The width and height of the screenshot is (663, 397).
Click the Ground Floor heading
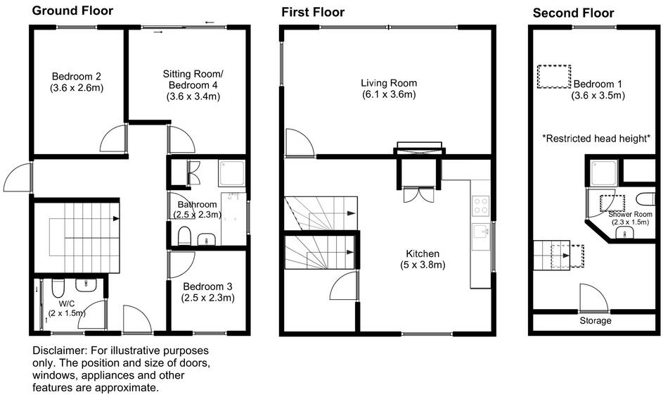point(72,11)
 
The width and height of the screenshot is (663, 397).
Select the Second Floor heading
point(573,13)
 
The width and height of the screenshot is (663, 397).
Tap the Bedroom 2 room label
point(77,77)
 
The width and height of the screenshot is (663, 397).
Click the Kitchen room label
point(423,253)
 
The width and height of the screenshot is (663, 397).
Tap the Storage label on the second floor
point(595,321)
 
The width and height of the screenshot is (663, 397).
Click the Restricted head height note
point(595,139)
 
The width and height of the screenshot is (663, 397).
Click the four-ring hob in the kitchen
point(482,204)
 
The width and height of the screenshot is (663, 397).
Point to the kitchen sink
point(482,233)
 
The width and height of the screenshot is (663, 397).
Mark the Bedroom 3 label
point(208,286)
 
